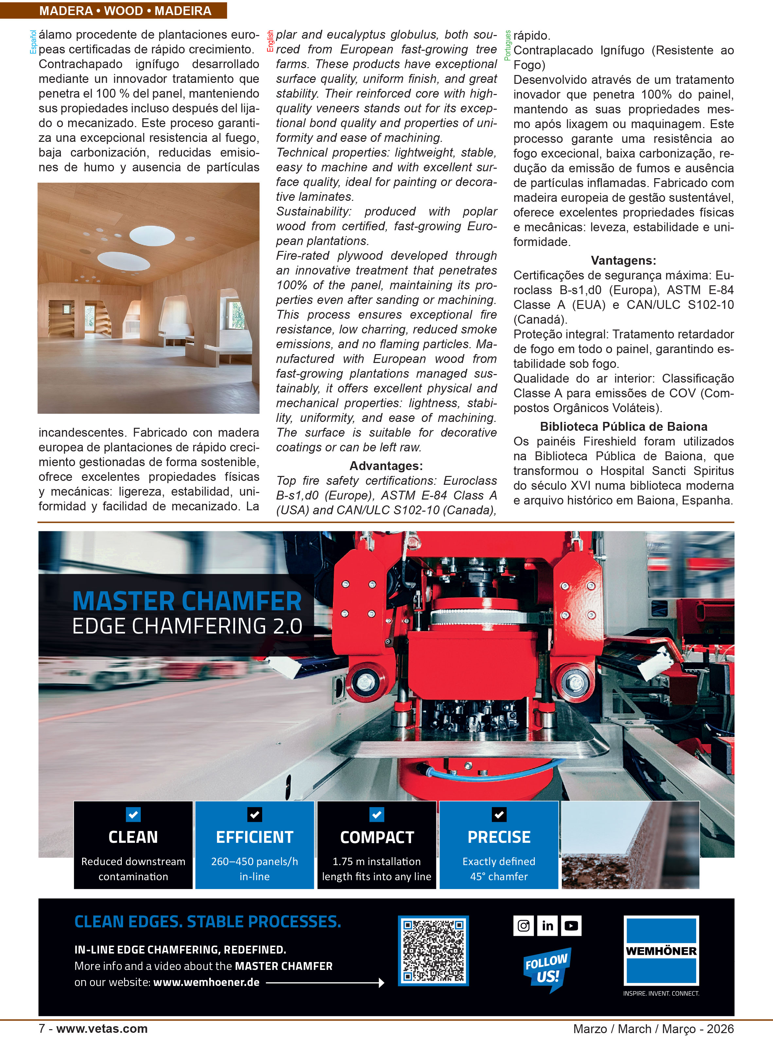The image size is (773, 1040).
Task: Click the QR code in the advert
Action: coord(433,951)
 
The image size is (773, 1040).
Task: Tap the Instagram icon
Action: coord(524,926)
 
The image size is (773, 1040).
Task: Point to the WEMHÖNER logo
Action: coord(661,951)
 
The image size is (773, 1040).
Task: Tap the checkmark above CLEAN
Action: coord(133,815)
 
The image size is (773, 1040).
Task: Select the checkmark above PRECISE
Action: coord(499,815)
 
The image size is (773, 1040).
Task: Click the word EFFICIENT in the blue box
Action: coord(255,837)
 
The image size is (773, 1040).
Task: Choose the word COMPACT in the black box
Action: coord(377,837)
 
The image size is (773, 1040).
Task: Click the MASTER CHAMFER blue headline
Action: coord(187,601)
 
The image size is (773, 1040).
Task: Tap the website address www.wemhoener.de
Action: coord(207,982)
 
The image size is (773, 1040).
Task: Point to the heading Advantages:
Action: coord(386,466)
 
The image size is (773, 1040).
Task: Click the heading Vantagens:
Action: coord(623,260)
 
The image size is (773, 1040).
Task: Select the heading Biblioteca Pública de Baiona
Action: coord(623,426)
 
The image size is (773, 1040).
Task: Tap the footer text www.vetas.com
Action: coord(102,1029)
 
